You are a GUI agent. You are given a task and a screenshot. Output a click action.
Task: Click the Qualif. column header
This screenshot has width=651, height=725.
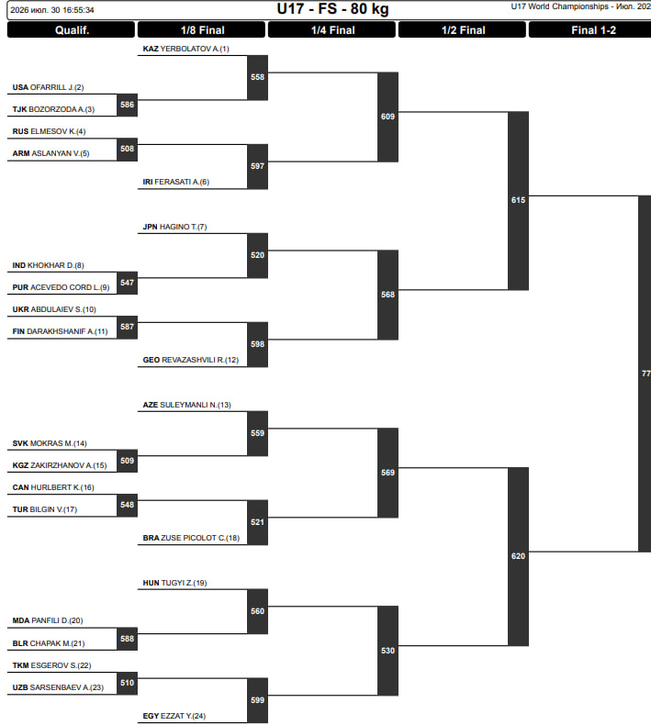pyautogui.click(x=72, y=30)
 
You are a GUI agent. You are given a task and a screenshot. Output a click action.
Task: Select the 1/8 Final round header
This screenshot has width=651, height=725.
pyautogui.click(x=202, y=30)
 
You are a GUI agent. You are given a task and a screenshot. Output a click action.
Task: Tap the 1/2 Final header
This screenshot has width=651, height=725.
pyautogui.click(x=463, y=30)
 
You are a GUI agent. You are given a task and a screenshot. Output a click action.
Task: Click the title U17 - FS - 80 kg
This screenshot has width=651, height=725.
pyautogui.click(x=332, y=9)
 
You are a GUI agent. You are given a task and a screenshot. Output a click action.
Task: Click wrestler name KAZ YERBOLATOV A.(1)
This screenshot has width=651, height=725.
pyautogui.click(x=185, y=49)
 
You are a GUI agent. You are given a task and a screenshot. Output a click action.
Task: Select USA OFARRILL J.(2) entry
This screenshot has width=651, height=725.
pyautogui.click(x=48, y=87)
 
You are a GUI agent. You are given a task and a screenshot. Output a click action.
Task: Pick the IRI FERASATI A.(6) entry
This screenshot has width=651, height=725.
pyautogui.click(x=175, y=182)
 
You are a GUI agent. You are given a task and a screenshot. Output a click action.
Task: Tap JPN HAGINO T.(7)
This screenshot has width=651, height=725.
pyautogui.click(x=174, y=227)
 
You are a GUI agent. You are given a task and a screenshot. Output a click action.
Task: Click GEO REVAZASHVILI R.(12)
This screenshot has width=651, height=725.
pyautogui.click(x=191, y=360)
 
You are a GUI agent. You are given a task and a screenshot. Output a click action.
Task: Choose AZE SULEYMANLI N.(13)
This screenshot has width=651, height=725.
pyautogui.click(x=187, y=405)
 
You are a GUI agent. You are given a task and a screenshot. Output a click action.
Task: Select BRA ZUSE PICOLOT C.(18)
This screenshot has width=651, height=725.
pyautogui.click(x=191, y=538)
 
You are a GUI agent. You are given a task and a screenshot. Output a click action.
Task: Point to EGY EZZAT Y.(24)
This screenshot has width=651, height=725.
pyautogui.click(x=174, y=716)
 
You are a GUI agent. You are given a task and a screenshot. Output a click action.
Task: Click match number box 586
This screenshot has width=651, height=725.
pyautogui.click(x=128, y=105)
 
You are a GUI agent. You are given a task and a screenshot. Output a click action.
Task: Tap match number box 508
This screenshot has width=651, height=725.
pyautogui.click(x=128, y=150)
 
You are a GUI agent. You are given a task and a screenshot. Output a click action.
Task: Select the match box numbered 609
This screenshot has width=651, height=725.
pyautogui.click(x=387, y=117)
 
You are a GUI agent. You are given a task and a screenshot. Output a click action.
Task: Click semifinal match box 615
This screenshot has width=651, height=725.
pyautogui.click(x=518, y=201)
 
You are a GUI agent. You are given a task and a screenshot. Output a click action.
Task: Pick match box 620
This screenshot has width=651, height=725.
pyautogui.click(x=518, y=556)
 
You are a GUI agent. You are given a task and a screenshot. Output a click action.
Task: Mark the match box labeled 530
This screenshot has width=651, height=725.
pyautogui.click(x=387, y=651)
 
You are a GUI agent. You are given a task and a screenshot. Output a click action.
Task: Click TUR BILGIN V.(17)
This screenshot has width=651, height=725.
pyautogui.click(x=45, y=509)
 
